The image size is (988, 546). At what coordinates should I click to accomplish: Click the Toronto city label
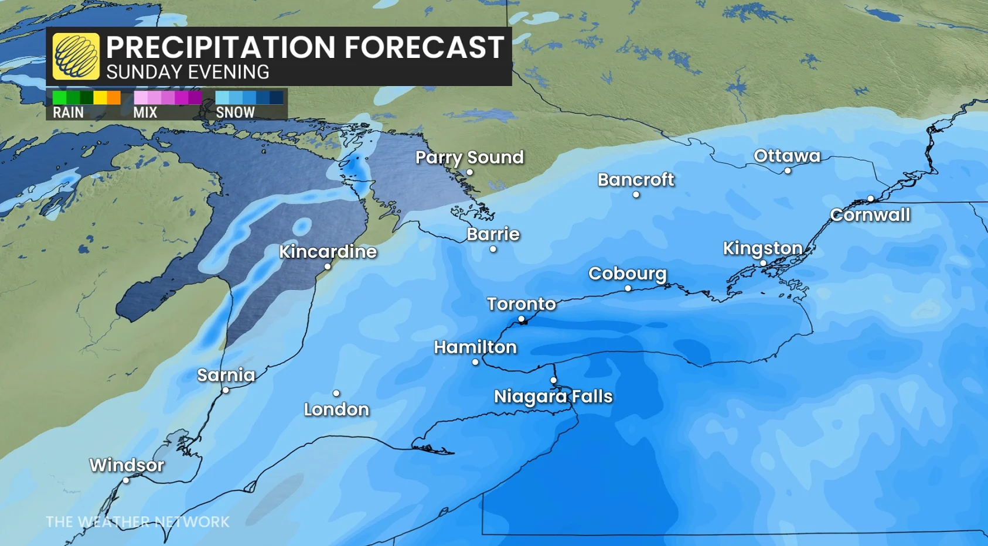point(521,303)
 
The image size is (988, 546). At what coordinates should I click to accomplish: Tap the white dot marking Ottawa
point(788,171)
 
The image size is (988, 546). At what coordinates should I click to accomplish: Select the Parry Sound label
point(469,157)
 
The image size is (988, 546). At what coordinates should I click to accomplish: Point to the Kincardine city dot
point(328,267)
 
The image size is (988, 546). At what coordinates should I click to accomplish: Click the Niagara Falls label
point(553,397)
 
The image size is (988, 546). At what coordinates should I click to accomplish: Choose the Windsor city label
point(127,465)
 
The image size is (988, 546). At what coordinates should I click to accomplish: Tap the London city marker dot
point(336,394)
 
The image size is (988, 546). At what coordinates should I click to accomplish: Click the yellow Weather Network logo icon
point(76,56)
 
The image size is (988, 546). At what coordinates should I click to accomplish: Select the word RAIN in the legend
point(68,112)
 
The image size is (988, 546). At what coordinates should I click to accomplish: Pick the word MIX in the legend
point(145,112)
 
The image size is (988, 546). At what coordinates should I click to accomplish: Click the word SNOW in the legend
point(235,112)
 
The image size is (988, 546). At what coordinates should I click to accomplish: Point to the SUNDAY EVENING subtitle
point(188,72)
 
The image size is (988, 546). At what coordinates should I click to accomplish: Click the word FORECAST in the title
point(424,47)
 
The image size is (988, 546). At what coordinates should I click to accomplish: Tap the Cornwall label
point(870,215)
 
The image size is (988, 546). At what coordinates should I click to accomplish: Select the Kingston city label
point(762,248)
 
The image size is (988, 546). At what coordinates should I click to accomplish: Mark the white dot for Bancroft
point(636,195)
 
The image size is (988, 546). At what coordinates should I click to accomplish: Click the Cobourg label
point(627,274)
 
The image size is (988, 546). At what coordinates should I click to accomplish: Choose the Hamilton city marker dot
point(475,362)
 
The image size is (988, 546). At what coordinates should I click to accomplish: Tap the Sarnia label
point(226,375)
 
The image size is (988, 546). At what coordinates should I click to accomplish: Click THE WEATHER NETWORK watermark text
point(138,521)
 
